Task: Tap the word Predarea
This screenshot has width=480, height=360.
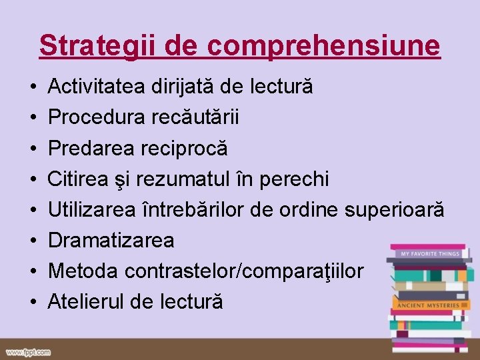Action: point(92,148)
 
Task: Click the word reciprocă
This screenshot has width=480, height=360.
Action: point(185,148)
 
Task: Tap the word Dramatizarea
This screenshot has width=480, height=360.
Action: point(111,240)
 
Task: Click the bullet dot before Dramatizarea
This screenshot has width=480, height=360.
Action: point(33,240)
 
